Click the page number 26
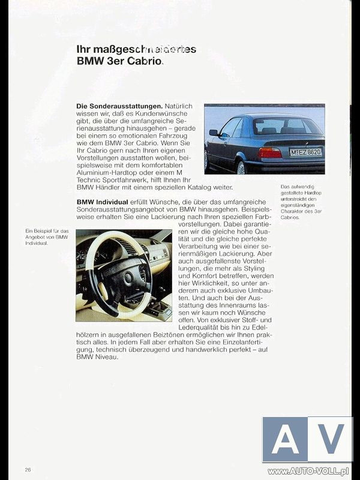(x=28, y=469)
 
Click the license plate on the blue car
(x=306, y=152)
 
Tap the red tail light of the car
(x=271, y=152)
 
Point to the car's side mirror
(x=214, y=133)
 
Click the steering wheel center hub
(x=128, y=278)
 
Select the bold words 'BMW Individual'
(x=102, y=202)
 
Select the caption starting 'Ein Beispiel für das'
(x=47, y=237)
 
